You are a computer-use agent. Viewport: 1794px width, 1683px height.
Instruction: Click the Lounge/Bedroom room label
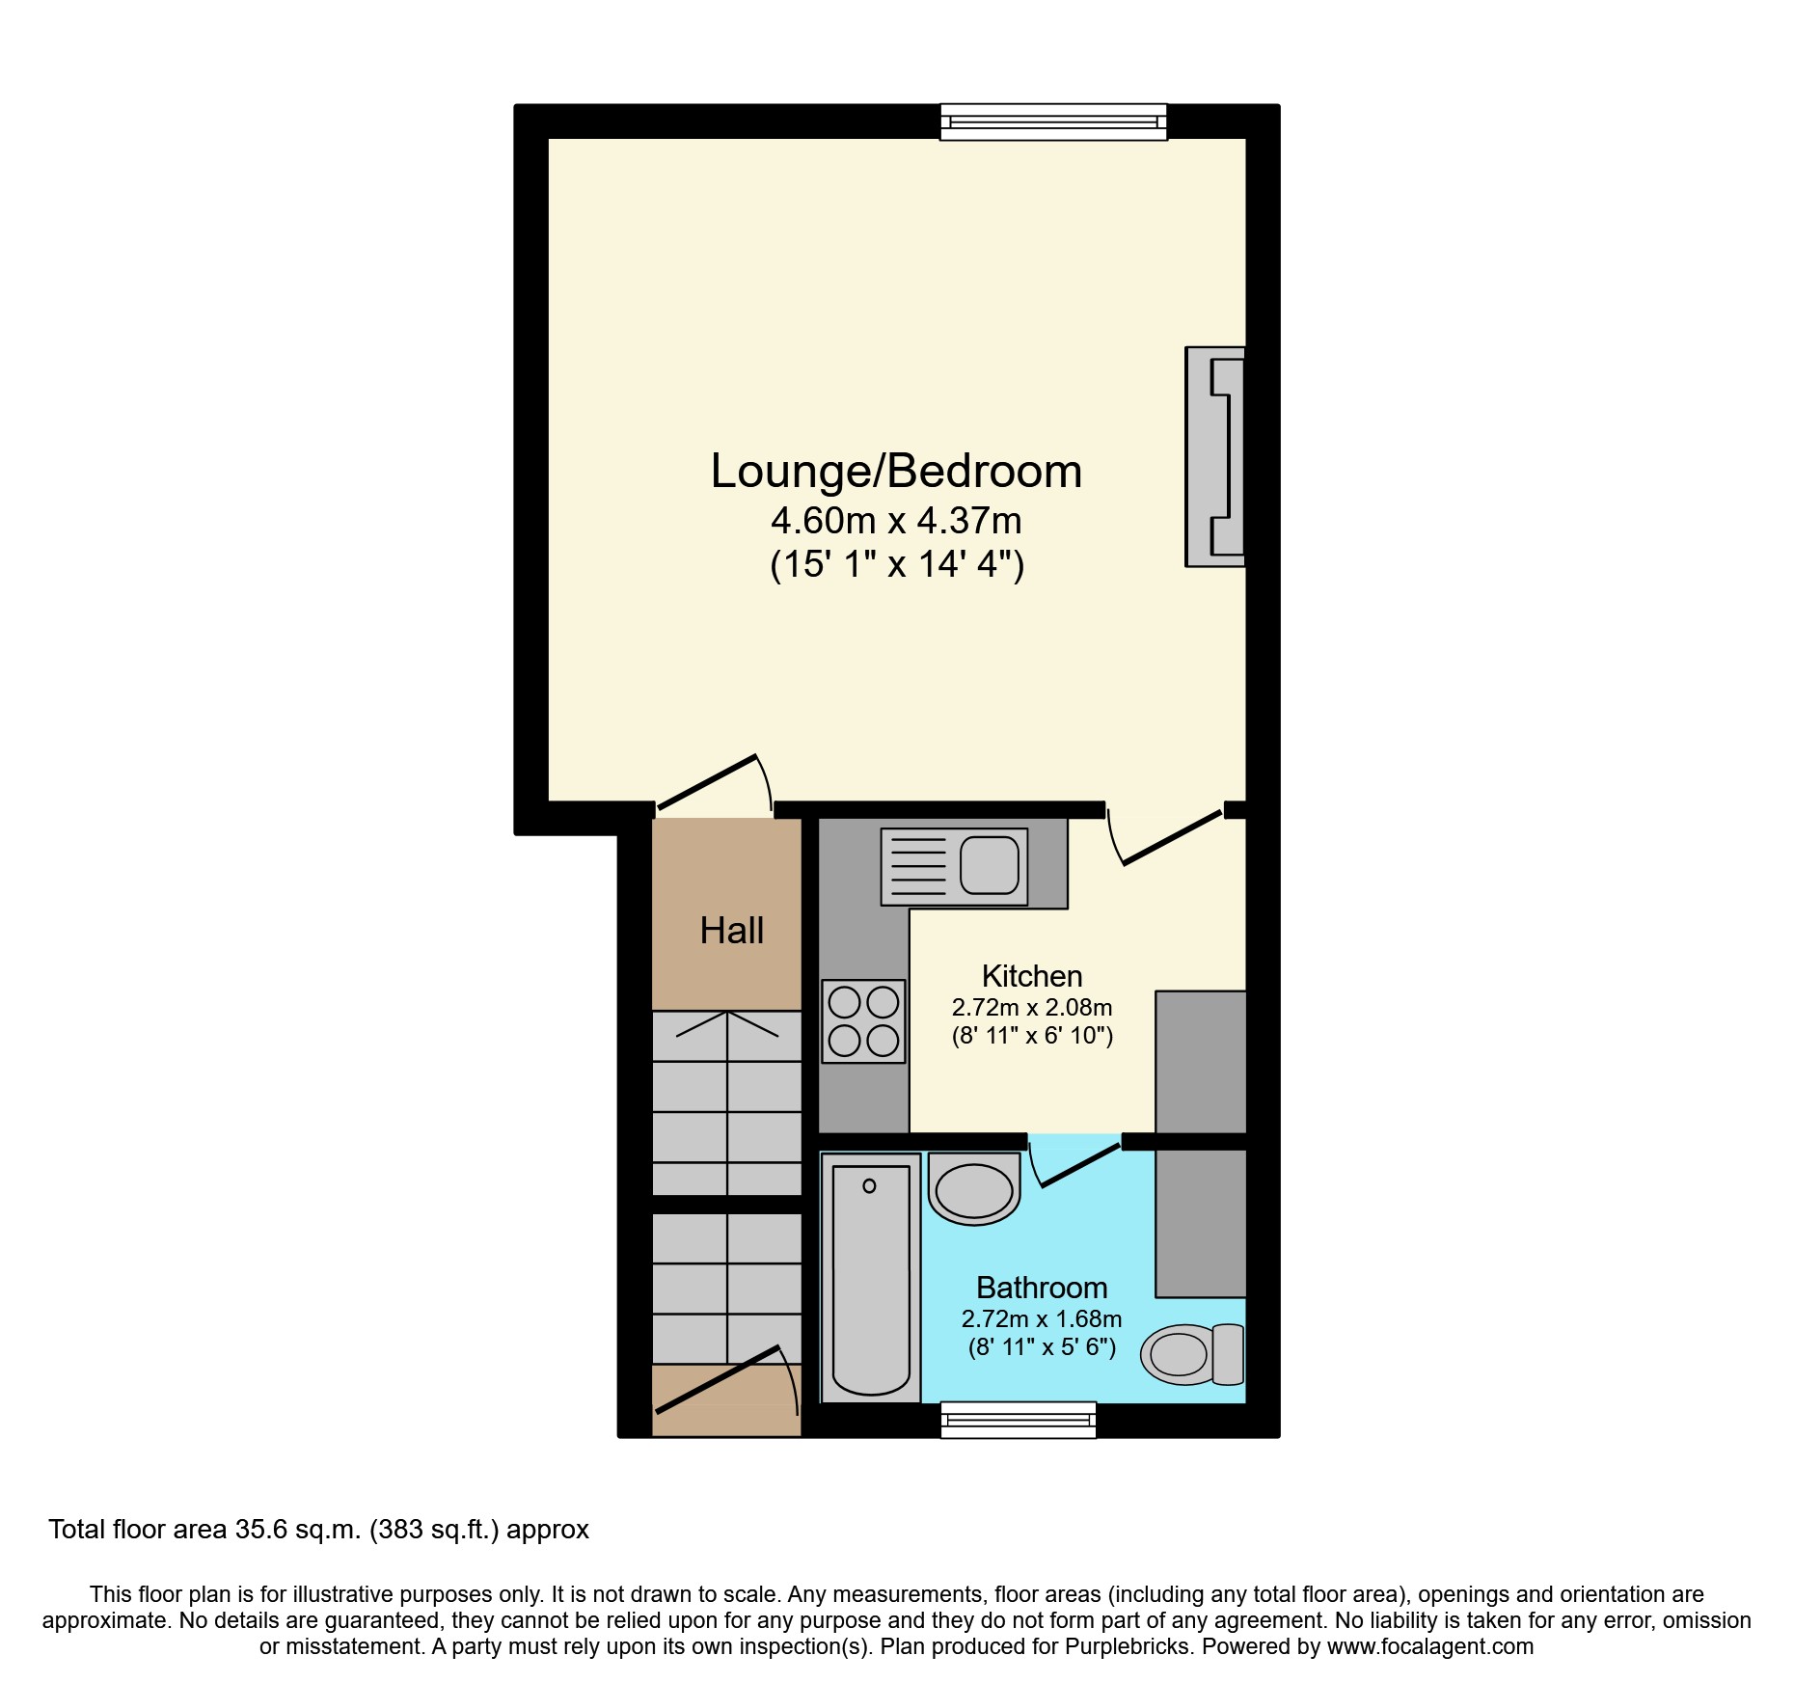pyautogui.click(x=896, y=472)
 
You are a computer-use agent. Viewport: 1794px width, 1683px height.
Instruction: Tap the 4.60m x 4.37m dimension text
pyautogui.click(x=896, y=521)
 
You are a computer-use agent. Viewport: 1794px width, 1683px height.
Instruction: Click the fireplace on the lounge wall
pyautogui.click(x=1215, y=456)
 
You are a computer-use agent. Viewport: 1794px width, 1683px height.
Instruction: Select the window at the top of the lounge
pyautogui.click(x=1053, y=122)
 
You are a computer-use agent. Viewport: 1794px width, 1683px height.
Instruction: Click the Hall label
pyautogui.click(x=731, y=931)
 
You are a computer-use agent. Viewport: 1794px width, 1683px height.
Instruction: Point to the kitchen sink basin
pyautogui.click(x=990, y=865)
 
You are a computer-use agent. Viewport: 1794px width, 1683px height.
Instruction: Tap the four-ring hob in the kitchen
pyautogui.click(x=863, y=1021)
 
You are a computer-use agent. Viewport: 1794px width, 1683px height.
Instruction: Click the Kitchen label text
pyautogui.click(x=1032, y=976)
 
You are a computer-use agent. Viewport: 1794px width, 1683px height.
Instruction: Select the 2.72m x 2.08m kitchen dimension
pyautogui.click(x=1032, y=1008)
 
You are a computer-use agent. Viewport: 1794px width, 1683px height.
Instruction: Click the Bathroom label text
pyautogui.click(x=1042, y=1288)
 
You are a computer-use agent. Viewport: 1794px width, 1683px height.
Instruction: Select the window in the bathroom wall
pyautogui.click(x=1018, y=1420)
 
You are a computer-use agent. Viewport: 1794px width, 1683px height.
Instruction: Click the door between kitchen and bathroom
pyautogui.click(x=1078, y=1165)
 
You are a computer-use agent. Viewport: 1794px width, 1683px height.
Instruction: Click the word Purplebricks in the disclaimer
pyautogui.click(x=1127, y=1646)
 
